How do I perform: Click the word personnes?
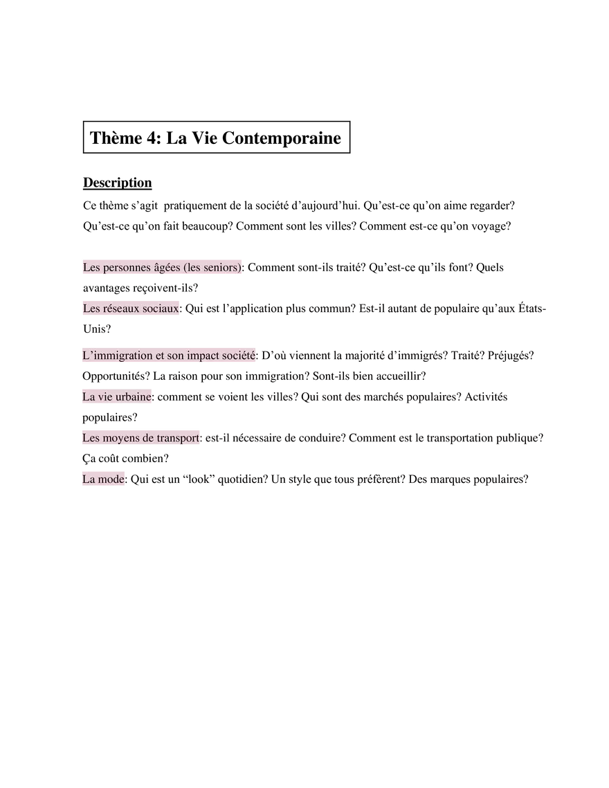(126, 267)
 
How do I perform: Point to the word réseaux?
(120, 309)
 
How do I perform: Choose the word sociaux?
(160, 309)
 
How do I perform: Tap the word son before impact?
(176, 356)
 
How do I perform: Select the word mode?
(113, 479)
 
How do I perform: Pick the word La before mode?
(89, 479)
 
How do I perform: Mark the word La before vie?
(89, 398)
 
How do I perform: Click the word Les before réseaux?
(91, 309)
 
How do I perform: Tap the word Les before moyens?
(91, 439)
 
